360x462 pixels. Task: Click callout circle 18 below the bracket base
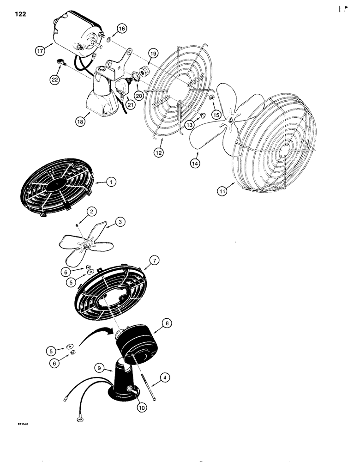click(x=81, y=121)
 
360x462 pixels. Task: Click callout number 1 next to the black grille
click(x=110, y=182)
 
